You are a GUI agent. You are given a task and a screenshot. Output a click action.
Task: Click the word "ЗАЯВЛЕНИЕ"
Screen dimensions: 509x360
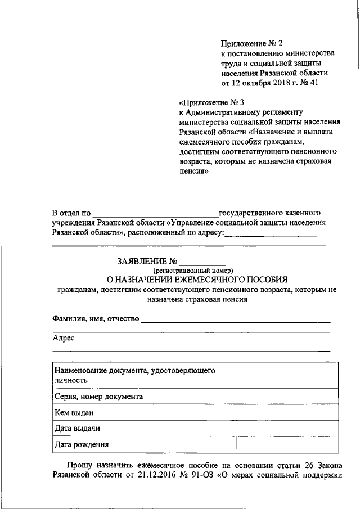point(143,262)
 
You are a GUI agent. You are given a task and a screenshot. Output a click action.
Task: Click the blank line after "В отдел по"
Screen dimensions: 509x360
point(155,214)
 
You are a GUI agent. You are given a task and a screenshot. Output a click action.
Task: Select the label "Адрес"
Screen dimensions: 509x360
point(63,338)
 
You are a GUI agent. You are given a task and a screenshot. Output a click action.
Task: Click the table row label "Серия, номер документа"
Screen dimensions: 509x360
point(98,396)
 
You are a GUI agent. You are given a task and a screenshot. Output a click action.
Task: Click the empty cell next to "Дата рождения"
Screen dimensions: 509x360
point(287,444)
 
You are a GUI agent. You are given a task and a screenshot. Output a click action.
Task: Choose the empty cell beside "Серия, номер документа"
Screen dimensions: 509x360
point(287,396)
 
